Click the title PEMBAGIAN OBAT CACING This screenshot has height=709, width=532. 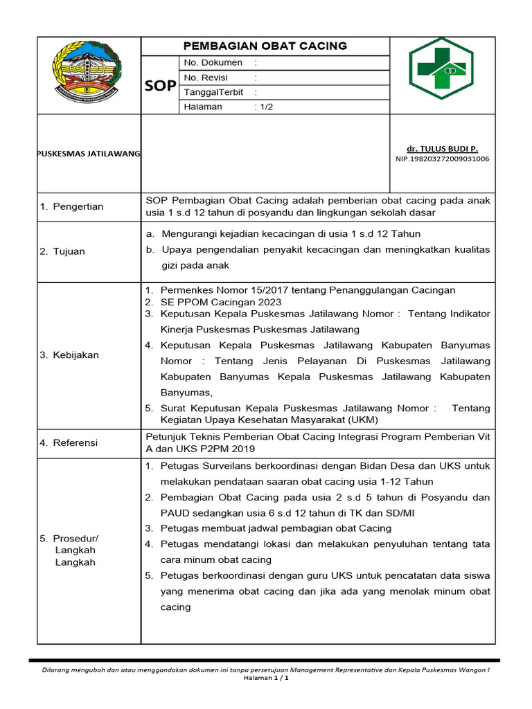(x=265, y=46)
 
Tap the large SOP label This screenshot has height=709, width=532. (x=159, y=86)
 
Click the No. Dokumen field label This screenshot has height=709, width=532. (x=213, y=63)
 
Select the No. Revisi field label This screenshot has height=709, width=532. (x=206, y=78)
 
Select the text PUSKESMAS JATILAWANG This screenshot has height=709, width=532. (x=89, y=152)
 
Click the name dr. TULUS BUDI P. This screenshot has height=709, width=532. (x=442, y=148)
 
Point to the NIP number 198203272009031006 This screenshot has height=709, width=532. (x=442, y=159)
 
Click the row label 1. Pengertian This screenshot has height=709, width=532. (x=72, y=206)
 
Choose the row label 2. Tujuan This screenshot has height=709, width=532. (x=62, y=251)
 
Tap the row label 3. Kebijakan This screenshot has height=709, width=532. (x=69, y=355)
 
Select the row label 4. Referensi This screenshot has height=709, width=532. (x=69, y=442)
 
